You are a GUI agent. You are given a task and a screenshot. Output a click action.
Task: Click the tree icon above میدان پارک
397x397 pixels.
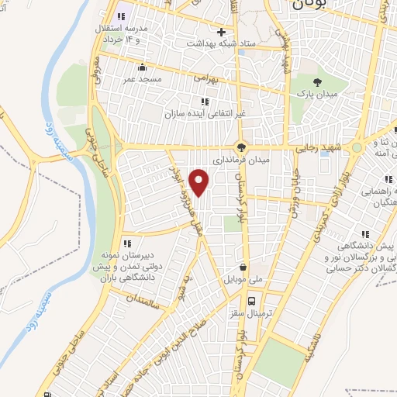(x=316, y=81)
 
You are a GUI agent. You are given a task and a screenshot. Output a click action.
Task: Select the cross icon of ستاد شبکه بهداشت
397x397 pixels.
(x=222, y=33)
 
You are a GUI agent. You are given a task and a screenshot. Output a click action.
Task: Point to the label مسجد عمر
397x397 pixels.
(x=140, y=79)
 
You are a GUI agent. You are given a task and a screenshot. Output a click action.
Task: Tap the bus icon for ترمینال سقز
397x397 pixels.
(x=251, y=301)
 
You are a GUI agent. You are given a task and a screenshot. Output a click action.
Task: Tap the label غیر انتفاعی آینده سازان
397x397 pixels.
(x=204, y=113)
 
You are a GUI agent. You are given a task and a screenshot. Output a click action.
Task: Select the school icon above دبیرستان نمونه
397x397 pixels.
(x=127, y=243)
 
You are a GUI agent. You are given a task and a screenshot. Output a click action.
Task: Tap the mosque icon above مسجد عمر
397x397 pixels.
(x=140, y=67)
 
